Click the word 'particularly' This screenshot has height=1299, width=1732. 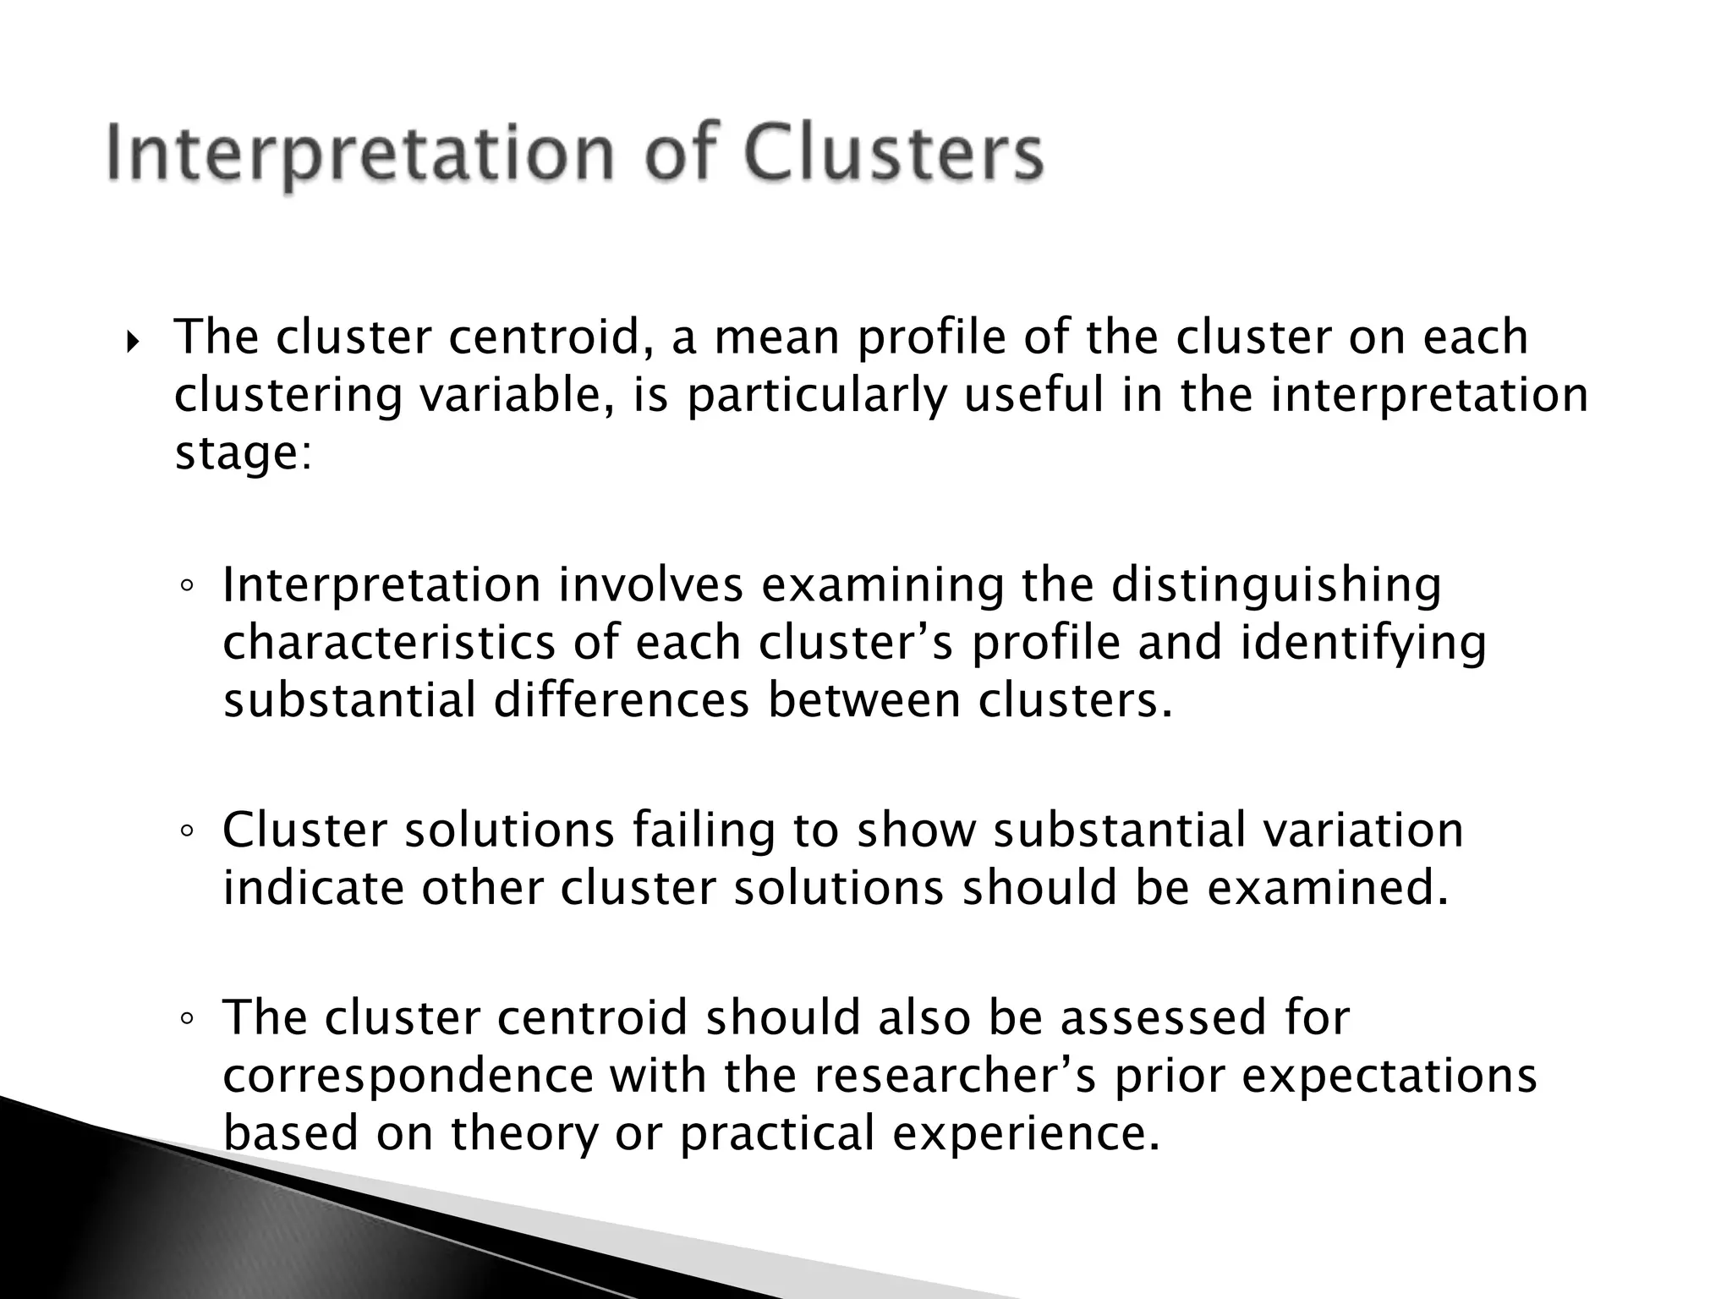[816, 396]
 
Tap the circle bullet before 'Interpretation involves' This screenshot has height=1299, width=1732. [187, 586]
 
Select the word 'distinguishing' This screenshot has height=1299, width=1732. [1276, 585]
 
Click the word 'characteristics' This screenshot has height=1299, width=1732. [389, 643]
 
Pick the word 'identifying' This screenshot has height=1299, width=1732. [1362, 643]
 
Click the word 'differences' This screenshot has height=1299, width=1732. [622, 700]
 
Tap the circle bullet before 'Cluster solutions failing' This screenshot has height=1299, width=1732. [187, 831]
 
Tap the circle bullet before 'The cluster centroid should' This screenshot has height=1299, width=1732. [187, 1019]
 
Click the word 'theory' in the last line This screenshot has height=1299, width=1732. [524, 1133]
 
